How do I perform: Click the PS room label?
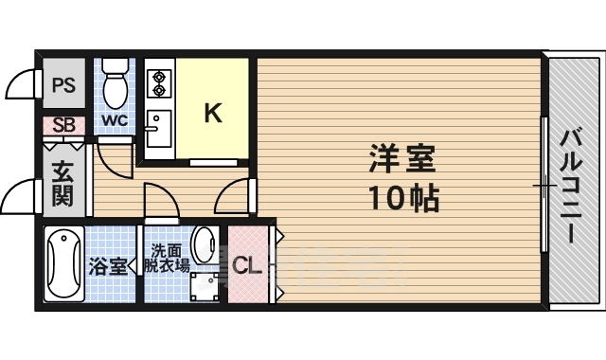(x=63, y=84)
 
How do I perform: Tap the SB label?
(x=63, y=124)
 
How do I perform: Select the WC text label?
(x=115, y=120)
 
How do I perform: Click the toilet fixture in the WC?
(x=116, y=83)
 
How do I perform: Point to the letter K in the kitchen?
(x=214, y=113)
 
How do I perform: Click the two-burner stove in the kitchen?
(x=157, y=82)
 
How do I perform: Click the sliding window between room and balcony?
(x=544, y=184)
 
